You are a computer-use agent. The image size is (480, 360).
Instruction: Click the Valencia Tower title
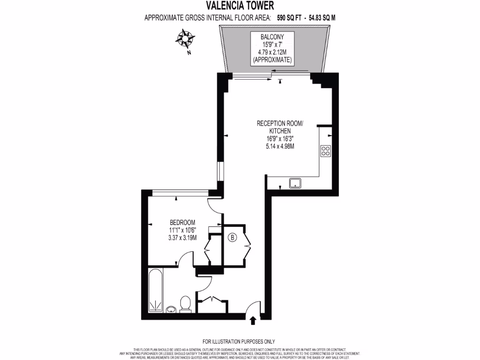tap(240, 6)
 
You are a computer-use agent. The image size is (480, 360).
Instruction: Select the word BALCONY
tap(272, 36)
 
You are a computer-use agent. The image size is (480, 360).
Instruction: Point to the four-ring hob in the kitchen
tap(325, 151)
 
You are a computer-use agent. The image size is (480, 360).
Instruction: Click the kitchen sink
tap(295, 183)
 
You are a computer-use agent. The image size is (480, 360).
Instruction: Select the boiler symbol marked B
tap(232, 238)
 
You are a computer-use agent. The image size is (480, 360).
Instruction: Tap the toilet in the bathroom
tap(185, 303)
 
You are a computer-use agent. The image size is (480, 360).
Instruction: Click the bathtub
tap(156, 291)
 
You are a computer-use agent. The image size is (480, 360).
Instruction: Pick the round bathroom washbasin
tap(171, 309)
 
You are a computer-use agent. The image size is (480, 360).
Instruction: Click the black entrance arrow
tap(253, 321)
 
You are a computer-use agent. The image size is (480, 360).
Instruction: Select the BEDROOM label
tap(182, 222)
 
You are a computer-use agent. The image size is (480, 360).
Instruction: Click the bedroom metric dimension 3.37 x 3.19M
tap(182, 237)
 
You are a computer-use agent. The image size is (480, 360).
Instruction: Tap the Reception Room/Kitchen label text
tap(280, 127)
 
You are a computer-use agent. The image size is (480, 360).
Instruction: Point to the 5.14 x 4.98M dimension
tap(280, 146)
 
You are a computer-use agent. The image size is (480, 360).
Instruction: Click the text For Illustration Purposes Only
tap(239, 342)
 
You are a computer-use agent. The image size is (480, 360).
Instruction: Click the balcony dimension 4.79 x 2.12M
tap(272, 52)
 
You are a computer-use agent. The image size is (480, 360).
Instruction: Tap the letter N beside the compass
tap(189, 52)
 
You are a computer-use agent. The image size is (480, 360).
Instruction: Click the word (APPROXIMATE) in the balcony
tap(272, 60)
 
